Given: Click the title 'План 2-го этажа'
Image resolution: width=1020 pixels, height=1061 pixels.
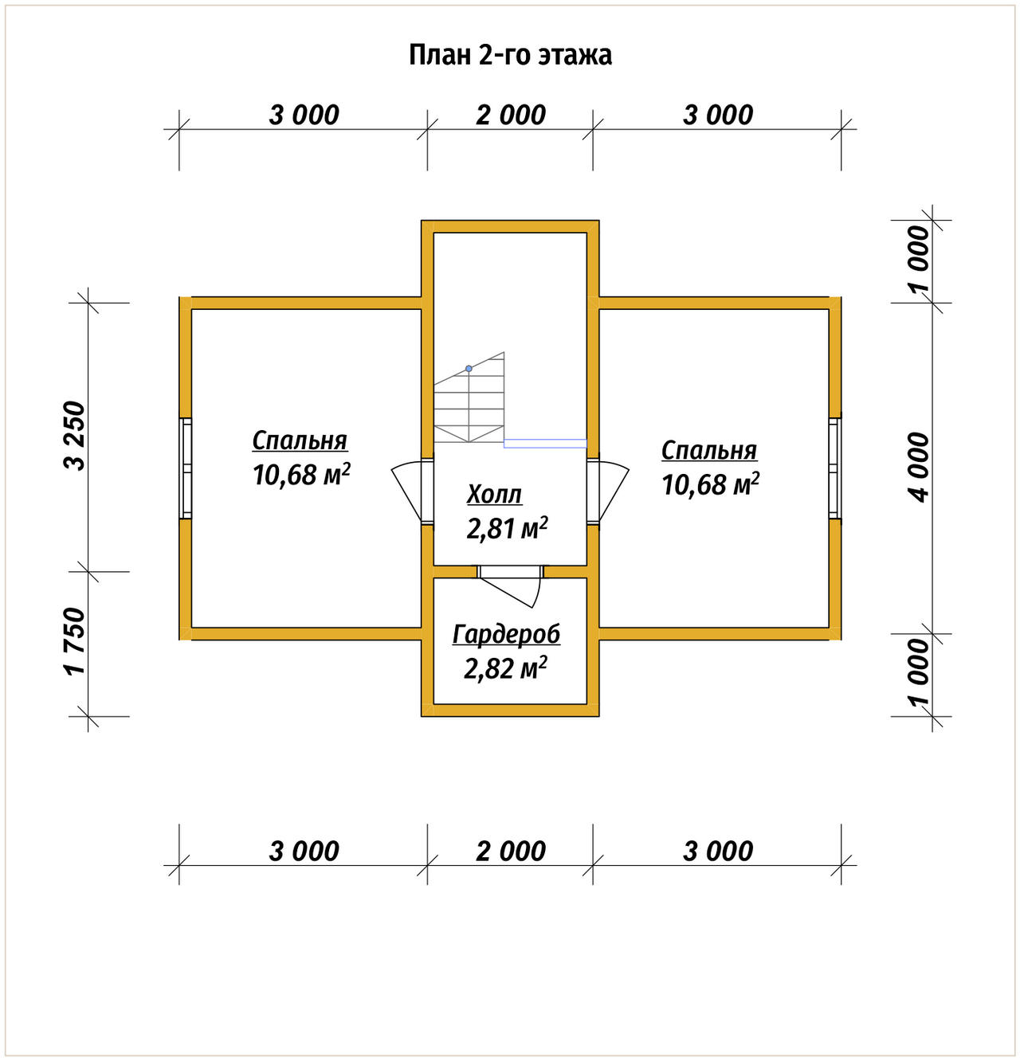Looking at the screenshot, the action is (x=510, y=54).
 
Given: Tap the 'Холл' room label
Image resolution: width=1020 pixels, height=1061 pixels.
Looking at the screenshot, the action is (x=494, y=495).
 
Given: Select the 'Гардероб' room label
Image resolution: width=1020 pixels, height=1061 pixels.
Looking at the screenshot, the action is (x=506, y=635).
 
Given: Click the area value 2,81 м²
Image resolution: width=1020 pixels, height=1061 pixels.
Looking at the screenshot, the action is (x=507, y=528).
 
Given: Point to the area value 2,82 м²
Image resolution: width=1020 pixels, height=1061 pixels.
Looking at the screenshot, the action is (x=505, y=668).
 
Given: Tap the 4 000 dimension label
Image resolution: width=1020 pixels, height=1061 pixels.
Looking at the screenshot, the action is (x=919, y=468).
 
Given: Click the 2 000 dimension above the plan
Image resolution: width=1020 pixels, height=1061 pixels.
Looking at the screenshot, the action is (x=511, y=115).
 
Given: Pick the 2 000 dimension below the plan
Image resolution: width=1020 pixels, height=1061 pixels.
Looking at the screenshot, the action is (x=511, y=851).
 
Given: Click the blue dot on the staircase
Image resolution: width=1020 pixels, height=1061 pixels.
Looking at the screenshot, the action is (x=469, y=369).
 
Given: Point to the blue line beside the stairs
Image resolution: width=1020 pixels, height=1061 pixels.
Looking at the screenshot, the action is (x=545, y=443).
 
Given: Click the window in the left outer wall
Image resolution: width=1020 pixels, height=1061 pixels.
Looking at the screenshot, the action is (x=186, y=468).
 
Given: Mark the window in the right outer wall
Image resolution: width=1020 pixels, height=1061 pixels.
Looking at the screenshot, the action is (x=834, y=468).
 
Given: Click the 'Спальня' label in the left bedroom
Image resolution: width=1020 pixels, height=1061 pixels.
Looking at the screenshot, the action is (x=300, y=440).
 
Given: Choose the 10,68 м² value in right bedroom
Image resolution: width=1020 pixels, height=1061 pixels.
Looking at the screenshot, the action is (x=710, y=484).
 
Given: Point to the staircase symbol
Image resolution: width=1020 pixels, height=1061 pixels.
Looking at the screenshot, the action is (x=469, y=397).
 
